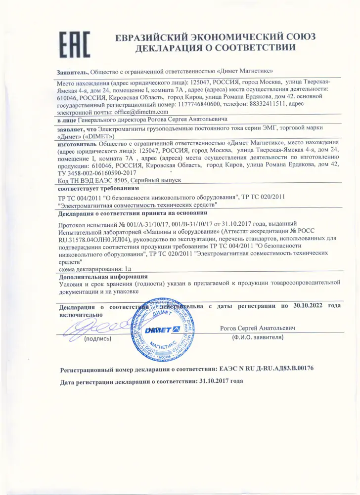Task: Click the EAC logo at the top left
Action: coord(74,45)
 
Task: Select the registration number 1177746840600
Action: coord(180,105)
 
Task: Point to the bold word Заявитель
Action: coord(73,71)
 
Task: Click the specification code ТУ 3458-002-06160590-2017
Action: coord(97,173)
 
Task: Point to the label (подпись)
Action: coord(97,339)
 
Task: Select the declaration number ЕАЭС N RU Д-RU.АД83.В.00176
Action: coord(266,369)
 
